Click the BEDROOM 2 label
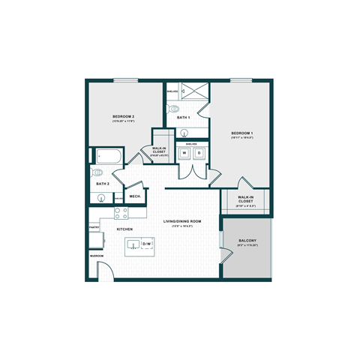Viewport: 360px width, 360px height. coord(123,117)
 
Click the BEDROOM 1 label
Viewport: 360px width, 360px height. coord(241,133)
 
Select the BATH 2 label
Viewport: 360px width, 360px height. coord(103,184)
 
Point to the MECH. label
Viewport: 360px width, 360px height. coord(135,196)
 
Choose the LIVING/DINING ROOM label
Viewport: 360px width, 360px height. coord(183,221)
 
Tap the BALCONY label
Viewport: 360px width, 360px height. coord(247,241)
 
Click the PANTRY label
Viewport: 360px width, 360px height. coord(94,226)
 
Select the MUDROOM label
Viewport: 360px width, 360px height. coord(97,256)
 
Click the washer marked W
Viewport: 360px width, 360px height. coord(184,153)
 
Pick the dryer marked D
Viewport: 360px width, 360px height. coord(199,153)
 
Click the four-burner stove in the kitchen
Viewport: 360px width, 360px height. coord(118,212)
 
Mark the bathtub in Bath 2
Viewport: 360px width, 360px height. coord(105,157)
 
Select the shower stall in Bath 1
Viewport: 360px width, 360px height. coord(193,92)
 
